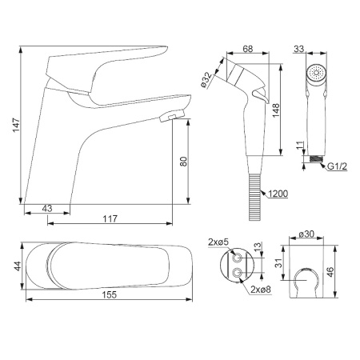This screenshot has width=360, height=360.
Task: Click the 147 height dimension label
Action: (x=16, y=125)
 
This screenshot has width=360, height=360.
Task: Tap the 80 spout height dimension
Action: (x=184, y=162)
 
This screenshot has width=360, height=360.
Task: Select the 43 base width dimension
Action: (x=47, y=209)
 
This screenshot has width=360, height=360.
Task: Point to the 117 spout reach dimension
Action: (x=110, y=219)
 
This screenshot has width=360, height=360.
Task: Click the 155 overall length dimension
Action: (x=110, y=294)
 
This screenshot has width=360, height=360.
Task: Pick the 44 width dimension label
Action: (x=18, y=266)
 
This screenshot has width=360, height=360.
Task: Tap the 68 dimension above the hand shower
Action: (x=248, y=49)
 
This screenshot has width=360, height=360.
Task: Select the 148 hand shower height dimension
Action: (x=275, y=110)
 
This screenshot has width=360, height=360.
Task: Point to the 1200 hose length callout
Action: (x=278, y=194)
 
